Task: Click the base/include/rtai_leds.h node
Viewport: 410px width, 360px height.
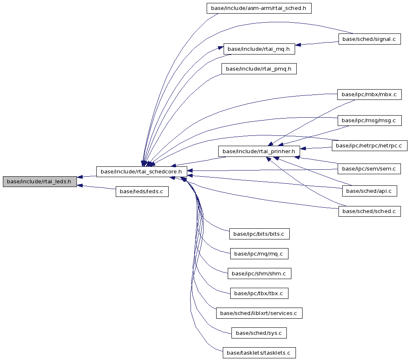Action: click(x=40, y=182)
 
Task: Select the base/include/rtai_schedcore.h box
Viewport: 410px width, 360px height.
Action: click(x=141, y=172)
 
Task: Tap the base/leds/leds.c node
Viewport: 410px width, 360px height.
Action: click(x=142, y=192)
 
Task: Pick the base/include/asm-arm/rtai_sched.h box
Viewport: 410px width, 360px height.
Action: click(x=259, y=8)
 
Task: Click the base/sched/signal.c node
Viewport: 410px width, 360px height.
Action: click(x=369, y=39)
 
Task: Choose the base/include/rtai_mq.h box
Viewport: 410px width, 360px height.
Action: click(x=259, y=49)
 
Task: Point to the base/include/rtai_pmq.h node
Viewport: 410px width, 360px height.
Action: click(x=259, y=69)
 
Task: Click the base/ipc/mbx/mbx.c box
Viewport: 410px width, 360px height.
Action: click(x=369, y=94)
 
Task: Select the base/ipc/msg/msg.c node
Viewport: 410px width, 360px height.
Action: click(x=369, y=121)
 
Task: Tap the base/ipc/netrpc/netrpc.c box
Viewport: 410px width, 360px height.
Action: click(x=369, y=145)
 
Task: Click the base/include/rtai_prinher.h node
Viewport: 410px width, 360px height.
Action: click(x=259, y=152)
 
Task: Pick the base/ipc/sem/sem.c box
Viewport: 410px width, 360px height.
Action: click(x=369, y=169)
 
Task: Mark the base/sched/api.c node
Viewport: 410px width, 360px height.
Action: click(x=369, y=191)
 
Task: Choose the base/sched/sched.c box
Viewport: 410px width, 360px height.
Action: click(x=369, y=211)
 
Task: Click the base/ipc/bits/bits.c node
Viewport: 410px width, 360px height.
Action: click(x=260, y=234)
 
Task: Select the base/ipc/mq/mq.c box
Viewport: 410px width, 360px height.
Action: click(x=259, y=253)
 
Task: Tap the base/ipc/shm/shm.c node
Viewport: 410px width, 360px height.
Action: click(x=260, y=274)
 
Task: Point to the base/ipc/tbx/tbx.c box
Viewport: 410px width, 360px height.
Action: click(x=259, y=294)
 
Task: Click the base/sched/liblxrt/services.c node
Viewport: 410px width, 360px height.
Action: click(x=259, y=313)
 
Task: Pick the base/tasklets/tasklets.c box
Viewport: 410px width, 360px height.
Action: click(x=259, y=353)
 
